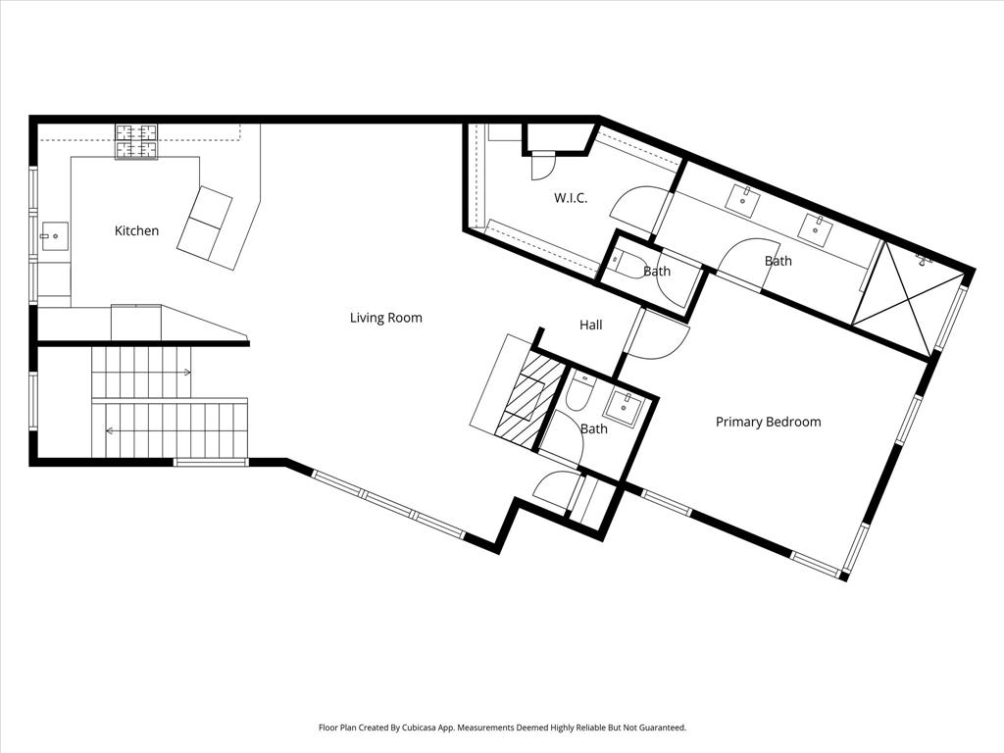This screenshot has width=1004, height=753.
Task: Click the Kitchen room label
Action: click(x=136, y=231)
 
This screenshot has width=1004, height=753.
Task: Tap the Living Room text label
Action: click(x=386, y=318)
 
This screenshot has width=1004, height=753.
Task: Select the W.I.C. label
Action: click(x=571, y=198)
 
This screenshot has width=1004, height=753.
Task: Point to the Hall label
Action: click(x=590, y=326)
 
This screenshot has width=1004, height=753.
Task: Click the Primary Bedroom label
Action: click(x=768, y=423)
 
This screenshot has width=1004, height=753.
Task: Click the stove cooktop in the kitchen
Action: click(x=136, y=141)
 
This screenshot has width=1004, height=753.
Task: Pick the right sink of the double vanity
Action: click(x=814, y=227)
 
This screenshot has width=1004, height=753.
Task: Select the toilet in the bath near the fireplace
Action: click(x=577, y=393)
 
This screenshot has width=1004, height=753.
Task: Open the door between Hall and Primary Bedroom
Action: click(x=658, y=335)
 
